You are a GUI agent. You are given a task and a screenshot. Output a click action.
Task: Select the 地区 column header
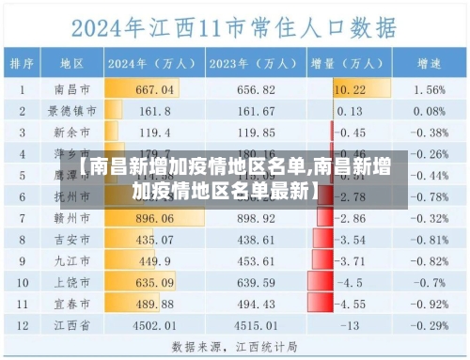click(72, 64)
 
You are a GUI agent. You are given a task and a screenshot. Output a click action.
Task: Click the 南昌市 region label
click(72, 90)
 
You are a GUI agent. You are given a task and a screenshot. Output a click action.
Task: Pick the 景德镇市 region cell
click(72, 111)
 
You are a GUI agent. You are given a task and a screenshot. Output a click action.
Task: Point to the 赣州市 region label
click(72, 218)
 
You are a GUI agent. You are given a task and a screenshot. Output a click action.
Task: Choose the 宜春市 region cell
click(72, 304)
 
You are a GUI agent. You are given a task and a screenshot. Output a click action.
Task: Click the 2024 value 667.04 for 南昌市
click(155, 90)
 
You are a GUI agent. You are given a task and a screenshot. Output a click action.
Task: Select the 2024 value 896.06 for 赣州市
click(155, 218)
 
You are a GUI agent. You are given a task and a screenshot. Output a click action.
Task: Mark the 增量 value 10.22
click(350, 90)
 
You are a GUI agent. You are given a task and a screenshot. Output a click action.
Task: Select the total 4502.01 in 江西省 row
click(155, 325)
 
